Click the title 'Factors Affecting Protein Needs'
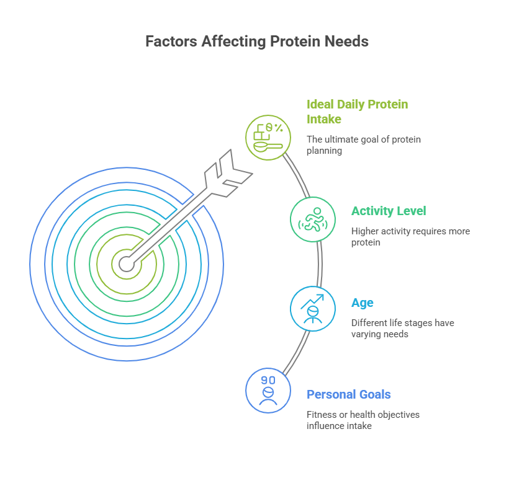pos(256,42)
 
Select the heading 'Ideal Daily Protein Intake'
pos(357,111)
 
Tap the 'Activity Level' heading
pos(389,211)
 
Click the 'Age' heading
pos(363,303)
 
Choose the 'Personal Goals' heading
pos(349,394)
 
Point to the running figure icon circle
pos(313,219)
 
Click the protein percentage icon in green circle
pos(268,138)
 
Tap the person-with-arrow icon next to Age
pos(313,308)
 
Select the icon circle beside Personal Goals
pos(268,390)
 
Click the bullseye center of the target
pos(126,263)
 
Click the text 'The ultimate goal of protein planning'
pos(363,144)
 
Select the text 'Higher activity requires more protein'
pos(410,236)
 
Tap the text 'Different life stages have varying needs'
pos(402,328)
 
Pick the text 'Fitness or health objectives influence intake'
pos(363,420)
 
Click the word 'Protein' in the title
pos(295,42)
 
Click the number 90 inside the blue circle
pos(268,379)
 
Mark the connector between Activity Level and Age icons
pos(320,263)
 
